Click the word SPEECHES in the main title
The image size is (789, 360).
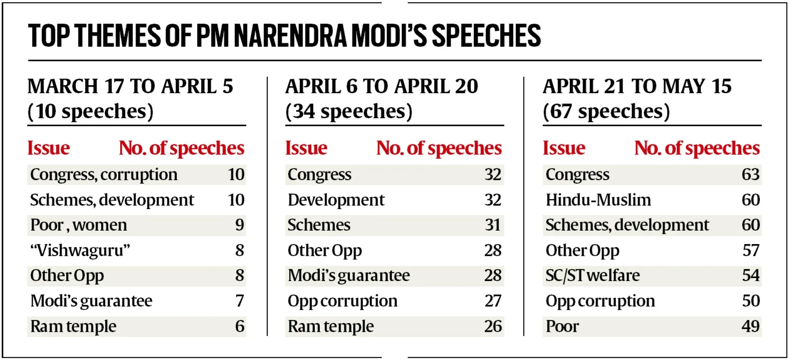[x=486, y=36]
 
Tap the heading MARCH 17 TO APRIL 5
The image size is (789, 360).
[x=130, y=86]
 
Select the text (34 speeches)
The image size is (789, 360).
[x=349, y=112]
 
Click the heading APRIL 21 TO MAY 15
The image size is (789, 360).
[x=637, y=86]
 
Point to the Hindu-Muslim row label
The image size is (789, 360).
[x=598, y=200]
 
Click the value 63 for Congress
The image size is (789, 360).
[x=750, y=175]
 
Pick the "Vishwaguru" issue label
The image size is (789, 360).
[x=80, y=251]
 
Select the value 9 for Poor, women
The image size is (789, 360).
[x=239, y=225]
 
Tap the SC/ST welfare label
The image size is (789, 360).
[x=592, y=276]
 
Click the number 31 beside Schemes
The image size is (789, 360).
[x=492, y=225]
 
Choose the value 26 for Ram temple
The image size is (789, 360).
[x=492, y=327]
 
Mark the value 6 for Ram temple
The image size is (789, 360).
[x=239, y=327]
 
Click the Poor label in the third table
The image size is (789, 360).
[x=562, y=327]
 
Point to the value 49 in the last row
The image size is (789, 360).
[x=750, y=327]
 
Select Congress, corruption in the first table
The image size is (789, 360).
[x=104, y=175]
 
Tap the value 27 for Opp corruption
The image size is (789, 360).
[x=492, y=301]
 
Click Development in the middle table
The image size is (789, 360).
[x=336, y=200]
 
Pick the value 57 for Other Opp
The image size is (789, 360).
[x=750, y=251]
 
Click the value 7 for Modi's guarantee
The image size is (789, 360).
[x=239, y=301]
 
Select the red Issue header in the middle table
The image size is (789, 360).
[x=306, y=148]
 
